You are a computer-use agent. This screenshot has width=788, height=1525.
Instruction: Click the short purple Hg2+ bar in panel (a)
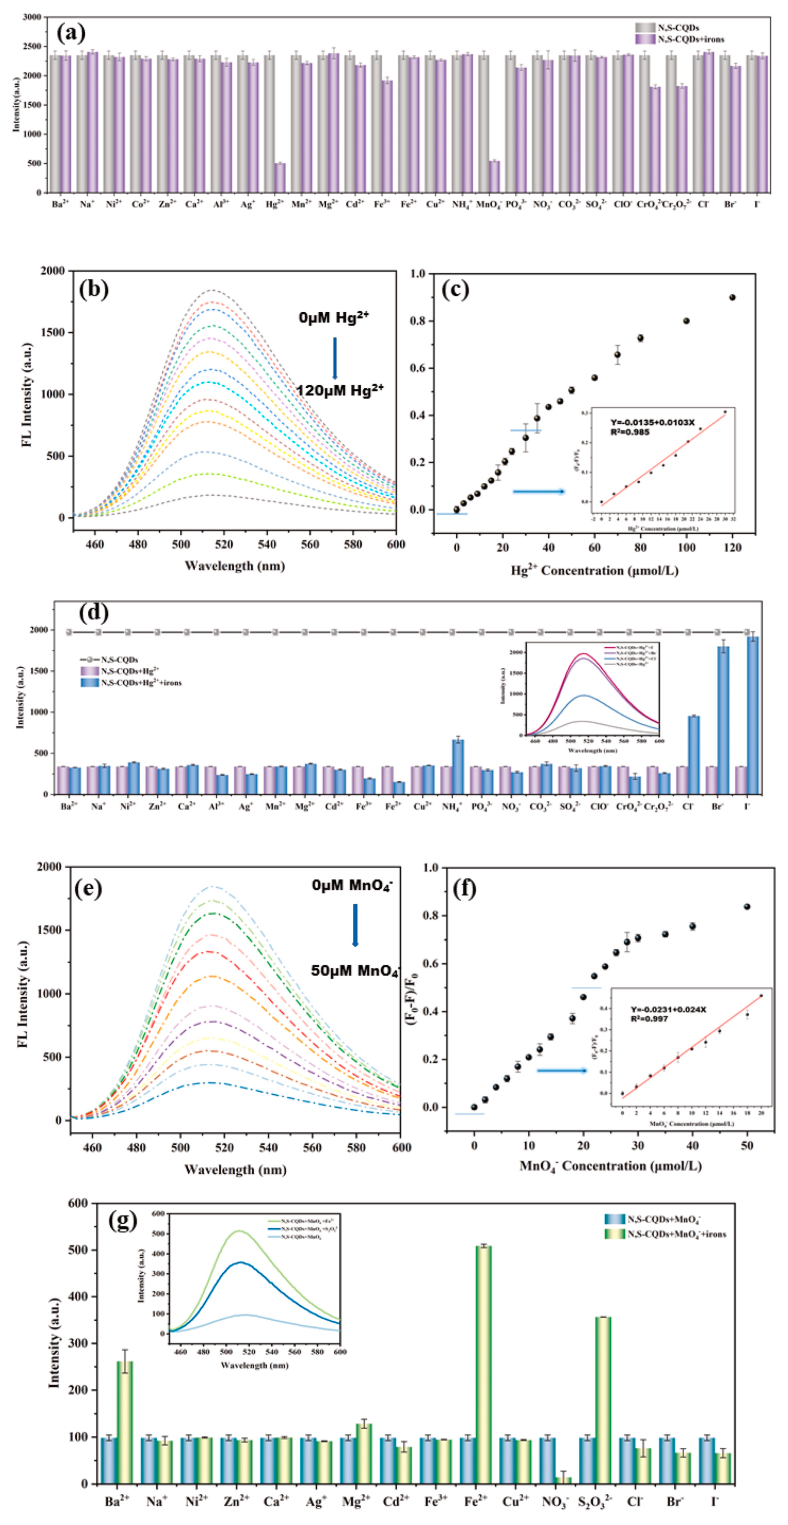280,177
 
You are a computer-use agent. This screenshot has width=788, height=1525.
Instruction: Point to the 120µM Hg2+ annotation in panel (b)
340,390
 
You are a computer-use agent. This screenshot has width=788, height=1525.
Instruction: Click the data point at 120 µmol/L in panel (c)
732,297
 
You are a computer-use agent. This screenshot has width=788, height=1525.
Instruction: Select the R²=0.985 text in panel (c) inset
630,432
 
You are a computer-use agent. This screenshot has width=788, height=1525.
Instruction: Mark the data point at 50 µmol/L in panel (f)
747,906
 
